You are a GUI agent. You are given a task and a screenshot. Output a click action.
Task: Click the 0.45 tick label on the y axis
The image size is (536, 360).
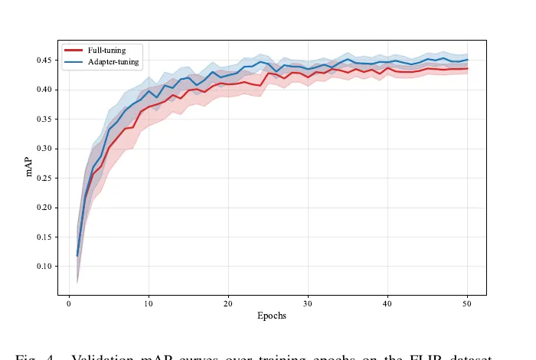click(45, 61)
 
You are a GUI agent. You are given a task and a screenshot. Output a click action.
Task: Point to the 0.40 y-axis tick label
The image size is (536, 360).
click(45, 90)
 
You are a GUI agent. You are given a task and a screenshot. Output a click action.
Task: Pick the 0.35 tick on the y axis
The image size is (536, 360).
click(45, 119)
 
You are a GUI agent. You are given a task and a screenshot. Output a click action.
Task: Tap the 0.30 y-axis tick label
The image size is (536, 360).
click(45, 149)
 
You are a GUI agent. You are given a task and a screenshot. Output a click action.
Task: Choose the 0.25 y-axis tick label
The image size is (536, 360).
click(45, 178)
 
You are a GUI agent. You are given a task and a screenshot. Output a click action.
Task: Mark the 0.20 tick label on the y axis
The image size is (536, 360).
click(45, 208)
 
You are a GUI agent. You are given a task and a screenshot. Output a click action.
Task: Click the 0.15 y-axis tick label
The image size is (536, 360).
click(45, 237)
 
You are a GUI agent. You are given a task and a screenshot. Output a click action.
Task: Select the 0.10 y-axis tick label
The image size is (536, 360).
click(45, 267)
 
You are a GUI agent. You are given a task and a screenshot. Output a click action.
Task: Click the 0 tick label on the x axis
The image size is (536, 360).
click(70, 303)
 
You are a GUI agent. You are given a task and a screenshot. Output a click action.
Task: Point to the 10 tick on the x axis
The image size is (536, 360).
click(149, 303)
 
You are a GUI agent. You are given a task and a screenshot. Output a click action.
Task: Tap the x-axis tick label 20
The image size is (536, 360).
click(228, 303)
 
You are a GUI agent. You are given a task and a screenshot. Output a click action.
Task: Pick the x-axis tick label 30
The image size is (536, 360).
click(308, 303)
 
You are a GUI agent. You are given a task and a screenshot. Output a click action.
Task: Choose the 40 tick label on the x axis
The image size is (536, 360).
click(387, 303)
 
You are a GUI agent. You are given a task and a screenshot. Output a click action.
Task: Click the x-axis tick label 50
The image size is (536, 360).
click(467, 303)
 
